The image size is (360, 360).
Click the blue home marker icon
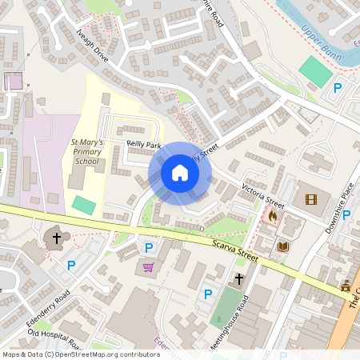tap(180, 173)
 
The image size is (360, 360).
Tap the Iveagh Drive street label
tap(92, 48)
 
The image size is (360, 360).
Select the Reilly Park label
tap(144, 144)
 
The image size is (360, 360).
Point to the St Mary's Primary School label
tap(86, 150)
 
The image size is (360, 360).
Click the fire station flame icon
tap(273, 215)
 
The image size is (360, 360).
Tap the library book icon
tap(282, 246)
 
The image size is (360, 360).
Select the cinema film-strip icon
tap(310, 199)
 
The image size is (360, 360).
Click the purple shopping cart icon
tap(148, 267)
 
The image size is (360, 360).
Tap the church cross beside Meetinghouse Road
tap(238, 279)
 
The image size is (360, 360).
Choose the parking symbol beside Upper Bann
tap(337, 89)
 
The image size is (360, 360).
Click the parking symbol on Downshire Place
tap(346, 214)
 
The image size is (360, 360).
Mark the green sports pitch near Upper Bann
tap(316, 72)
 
